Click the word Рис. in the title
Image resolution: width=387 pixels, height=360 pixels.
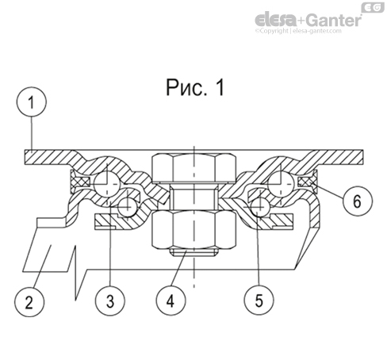pos(181,88)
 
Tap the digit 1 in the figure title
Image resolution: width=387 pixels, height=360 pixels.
pos(217,88)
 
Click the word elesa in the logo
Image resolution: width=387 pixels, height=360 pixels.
pos(278,18)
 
